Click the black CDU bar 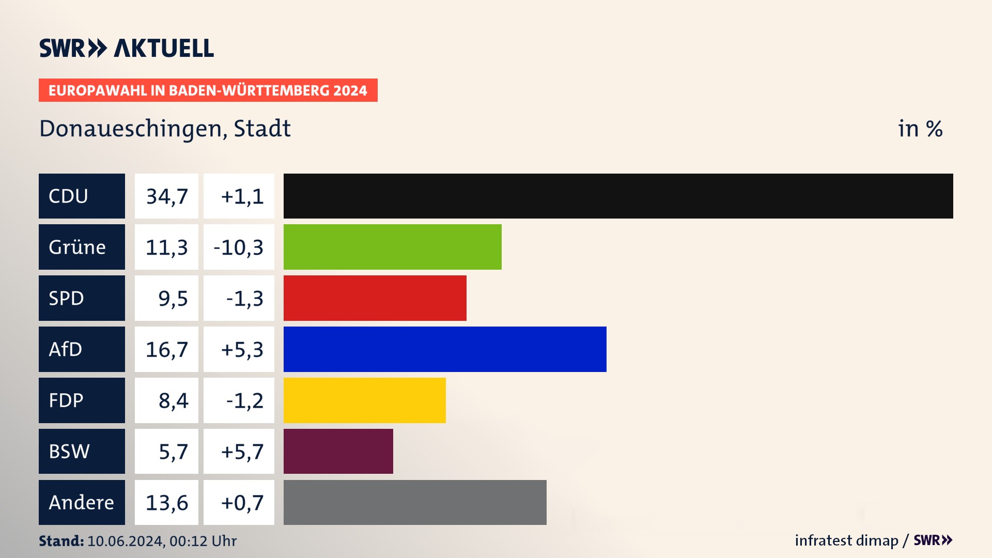[x=618, y=196]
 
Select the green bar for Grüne [x=392, y=247]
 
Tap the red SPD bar [x=375, y=298]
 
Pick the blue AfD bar [x=445, y=349]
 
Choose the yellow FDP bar [x=364, y=400]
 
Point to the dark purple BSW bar [x=338, y=451]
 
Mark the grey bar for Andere [x=415, y=502]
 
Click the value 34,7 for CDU [x=166, y=196]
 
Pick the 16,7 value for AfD [x=166, y=349]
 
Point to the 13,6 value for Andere [x=166, y=502]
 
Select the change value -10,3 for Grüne [x=239, y=247]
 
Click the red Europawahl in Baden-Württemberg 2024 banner [x=208, y=90]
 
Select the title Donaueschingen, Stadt [x=165, y=129]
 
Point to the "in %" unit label [x=920, y=129]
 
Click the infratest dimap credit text [x=846, y=540]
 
